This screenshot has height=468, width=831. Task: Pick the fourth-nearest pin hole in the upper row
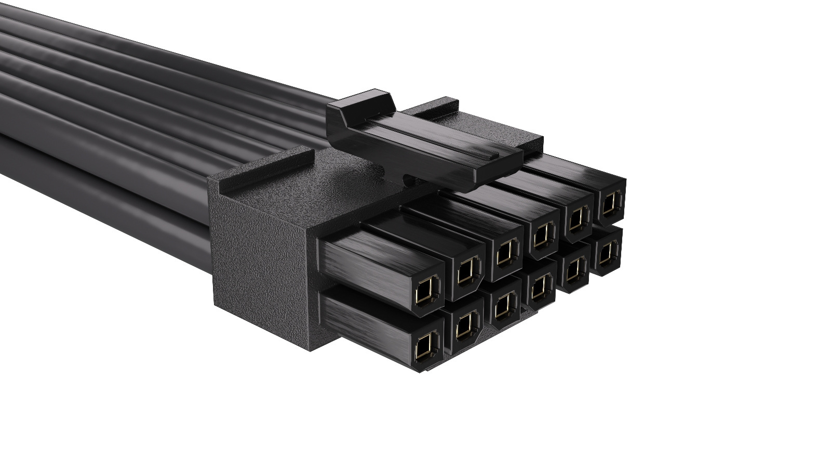542,236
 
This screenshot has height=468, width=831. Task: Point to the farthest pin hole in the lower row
606,254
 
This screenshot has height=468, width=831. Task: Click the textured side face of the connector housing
260,255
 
